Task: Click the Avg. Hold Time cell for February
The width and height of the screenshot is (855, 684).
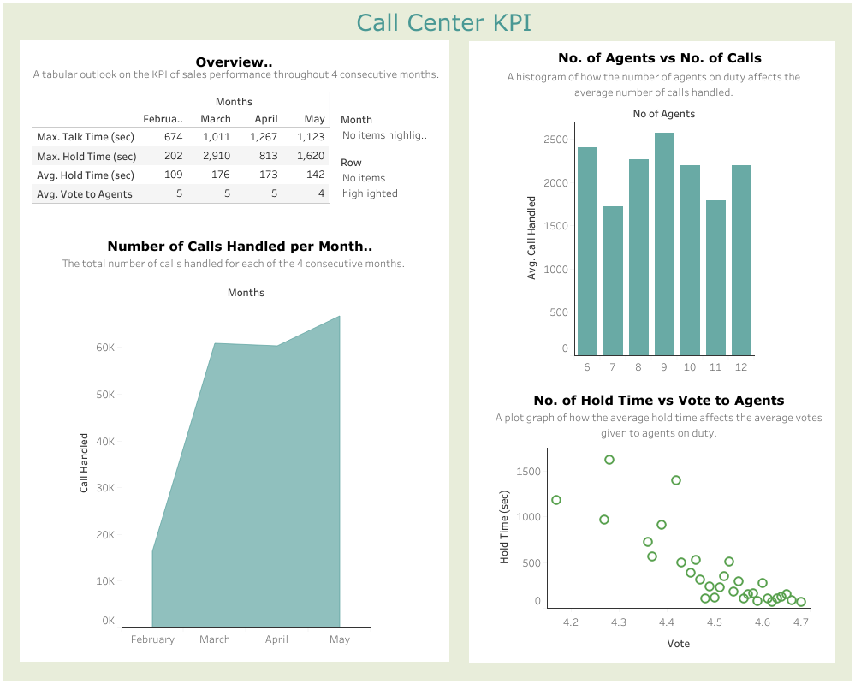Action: [173, 175]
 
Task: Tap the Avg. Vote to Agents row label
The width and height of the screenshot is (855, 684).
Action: [84, 194]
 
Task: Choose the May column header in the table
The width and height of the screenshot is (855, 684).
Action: [314, 119]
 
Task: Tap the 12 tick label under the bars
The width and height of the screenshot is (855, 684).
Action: [741, 367]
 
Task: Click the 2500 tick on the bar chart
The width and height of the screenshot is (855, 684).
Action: [555, 140]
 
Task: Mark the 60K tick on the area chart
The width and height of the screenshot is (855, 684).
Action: [105, 348]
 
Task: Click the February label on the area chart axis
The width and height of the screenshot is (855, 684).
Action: [152, 639]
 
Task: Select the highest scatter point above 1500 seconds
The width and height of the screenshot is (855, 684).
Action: [609, 460]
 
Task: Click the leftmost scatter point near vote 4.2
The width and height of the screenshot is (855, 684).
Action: [556, 500]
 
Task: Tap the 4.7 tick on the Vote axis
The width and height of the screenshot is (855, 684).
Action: [800, 622]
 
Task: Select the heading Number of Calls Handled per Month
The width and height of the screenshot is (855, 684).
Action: [240, 247]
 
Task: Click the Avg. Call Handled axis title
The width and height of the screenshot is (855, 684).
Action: [531, 238]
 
